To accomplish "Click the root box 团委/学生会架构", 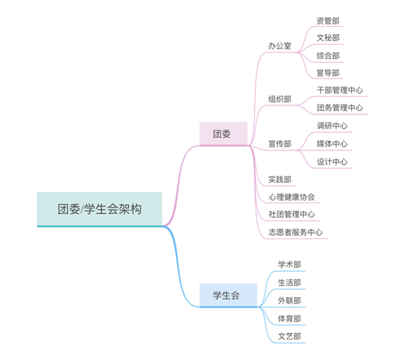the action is pyautogui.click(x=100, y=209).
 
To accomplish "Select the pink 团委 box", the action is pyautogui.click(x=224, y=134).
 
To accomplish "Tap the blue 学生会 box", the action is pyautogui.click(x=228, y=296).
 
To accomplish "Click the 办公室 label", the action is pyautogui.click(x=279, y=46).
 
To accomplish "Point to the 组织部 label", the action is pyautogui.click(x=279, y=99).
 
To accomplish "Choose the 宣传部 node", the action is pyautogui.click(x=279, y=144).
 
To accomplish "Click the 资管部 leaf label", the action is pyautogui.click(x=328, y=21).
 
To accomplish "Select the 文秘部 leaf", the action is pyautogui.click(x=328, y=38).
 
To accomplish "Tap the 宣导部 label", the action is pyautogui.click(x=328, y=73).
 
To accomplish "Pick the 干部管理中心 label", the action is pyautogui.click(x=340, y=90).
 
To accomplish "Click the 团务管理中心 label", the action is pyautogui.click(x=340, y=108).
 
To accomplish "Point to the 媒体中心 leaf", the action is pyautogui.click(x=332, y=144).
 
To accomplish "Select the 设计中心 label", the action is pyautogui.click(x=332, y=162).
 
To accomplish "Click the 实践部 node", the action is pyautogui.click(x=279, y=180).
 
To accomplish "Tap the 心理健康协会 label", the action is pyautogui.click(x=292, y=197).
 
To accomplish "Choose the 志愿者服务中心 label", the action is pyautogui.click(x=296, y=232).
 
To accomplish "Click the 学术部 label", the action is pyautogui.click(x=289, y=264).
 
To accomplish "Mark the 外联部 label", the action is pyautogui.click(x=289, y=300).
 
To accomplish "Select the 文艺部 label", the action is pyautogui.click(x=289, y=336).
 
